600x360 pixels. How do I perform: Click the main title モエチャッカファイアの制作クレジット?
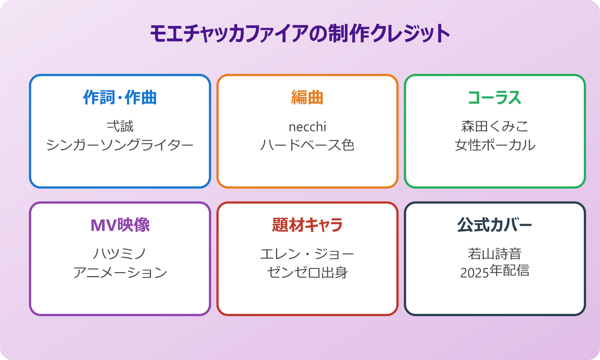coord(300,34)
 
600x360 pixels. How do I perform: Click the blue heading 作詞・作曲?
coord(120,98)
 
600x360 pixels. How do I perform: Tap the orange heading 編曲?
coord(307,98)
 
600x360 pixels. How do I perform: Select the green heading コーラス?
coord(495,98)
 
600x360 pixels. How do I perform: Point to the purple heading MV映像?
coord(120,225)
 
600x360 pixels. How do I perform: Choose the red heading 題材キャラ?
coord(307,225)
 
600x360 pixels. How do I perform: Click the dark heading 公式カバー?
coord(495,225)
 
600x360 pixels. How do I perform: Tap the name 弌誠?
coord(120,127)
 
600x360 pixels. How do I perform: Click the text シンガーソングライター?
coord(120,145)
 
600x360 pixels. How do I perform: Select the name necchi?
coord(307,127)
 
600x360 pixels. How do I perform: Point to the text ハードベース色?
coord(307,145)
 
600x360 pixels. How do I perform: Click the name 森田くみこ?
coord(495,127)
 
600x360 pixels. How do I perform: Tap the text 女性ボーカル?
coord(495,145)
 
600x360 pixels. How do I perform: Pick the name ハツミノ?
coord(120,254)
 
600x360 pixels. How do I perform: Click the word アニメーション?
coord(120,273)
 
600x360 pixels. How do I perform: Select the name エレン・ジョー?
coord(307,254)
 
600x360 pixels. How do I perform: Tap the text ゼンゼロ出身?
coord(307,273)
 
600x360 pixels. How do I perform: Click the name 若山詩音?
coord(495,254)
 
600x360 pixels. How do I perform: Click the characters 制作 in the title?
coord(348,34)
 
